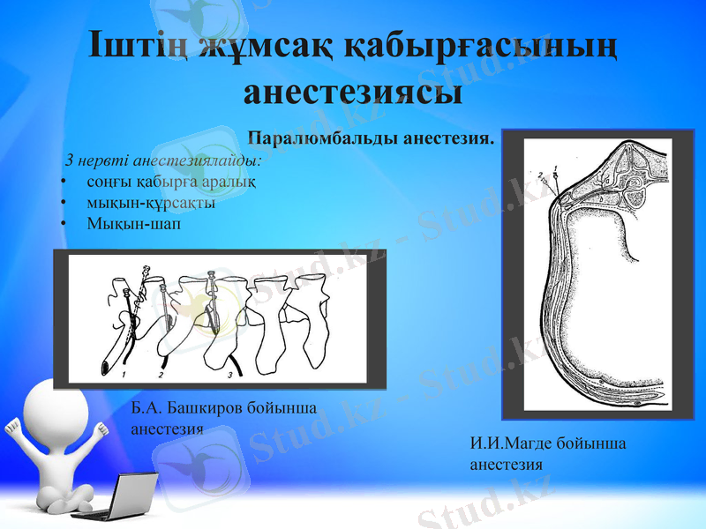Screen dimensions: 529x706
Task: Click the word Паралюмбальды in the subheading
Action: [322, 139]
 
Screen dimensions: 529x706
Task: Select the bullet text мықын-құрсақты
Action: [150, 202]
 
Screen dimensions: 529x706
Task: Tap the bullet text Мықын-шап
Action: [132, 222]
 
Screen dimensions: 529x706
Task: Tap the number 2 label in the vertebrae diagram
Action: [160, 374]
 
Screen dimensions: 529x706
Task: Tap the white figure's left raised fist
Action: [11, 431]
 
